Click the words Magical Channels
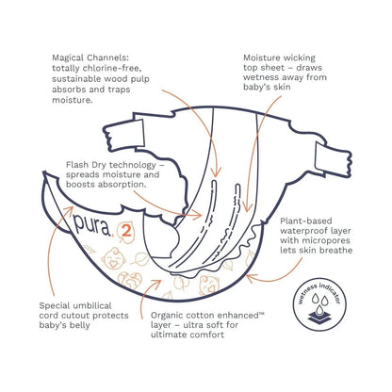point(90,57)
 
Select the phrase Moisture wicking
point(279,58)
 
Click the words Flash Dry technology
point(111,165)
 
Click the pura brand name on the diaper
point(92,225)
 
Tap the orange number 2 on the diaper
point(125,231)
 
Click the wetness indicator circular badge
point(319,304)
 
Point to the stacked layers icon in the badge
point(319,318)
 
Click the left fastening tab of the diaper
point(124,136)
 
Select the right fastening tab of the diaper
point(333,159)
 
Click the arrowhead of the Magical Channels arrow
point(217,172)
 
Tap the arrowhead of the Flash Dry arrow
point(197,215)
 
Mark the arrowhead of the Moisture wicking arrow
point(248,207)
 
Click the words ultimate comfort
point(188,335)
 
